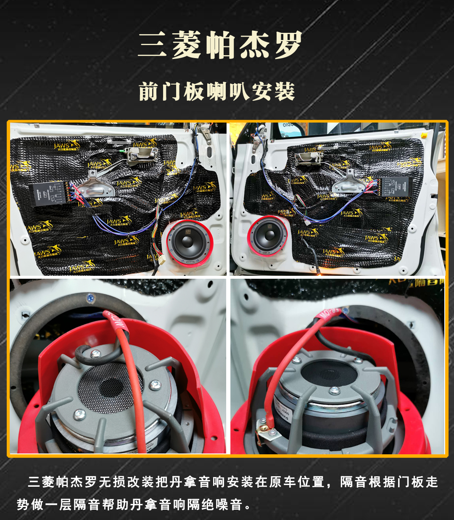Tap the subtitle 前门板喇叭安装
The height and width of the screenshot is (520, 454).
(x=216, y=91)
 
